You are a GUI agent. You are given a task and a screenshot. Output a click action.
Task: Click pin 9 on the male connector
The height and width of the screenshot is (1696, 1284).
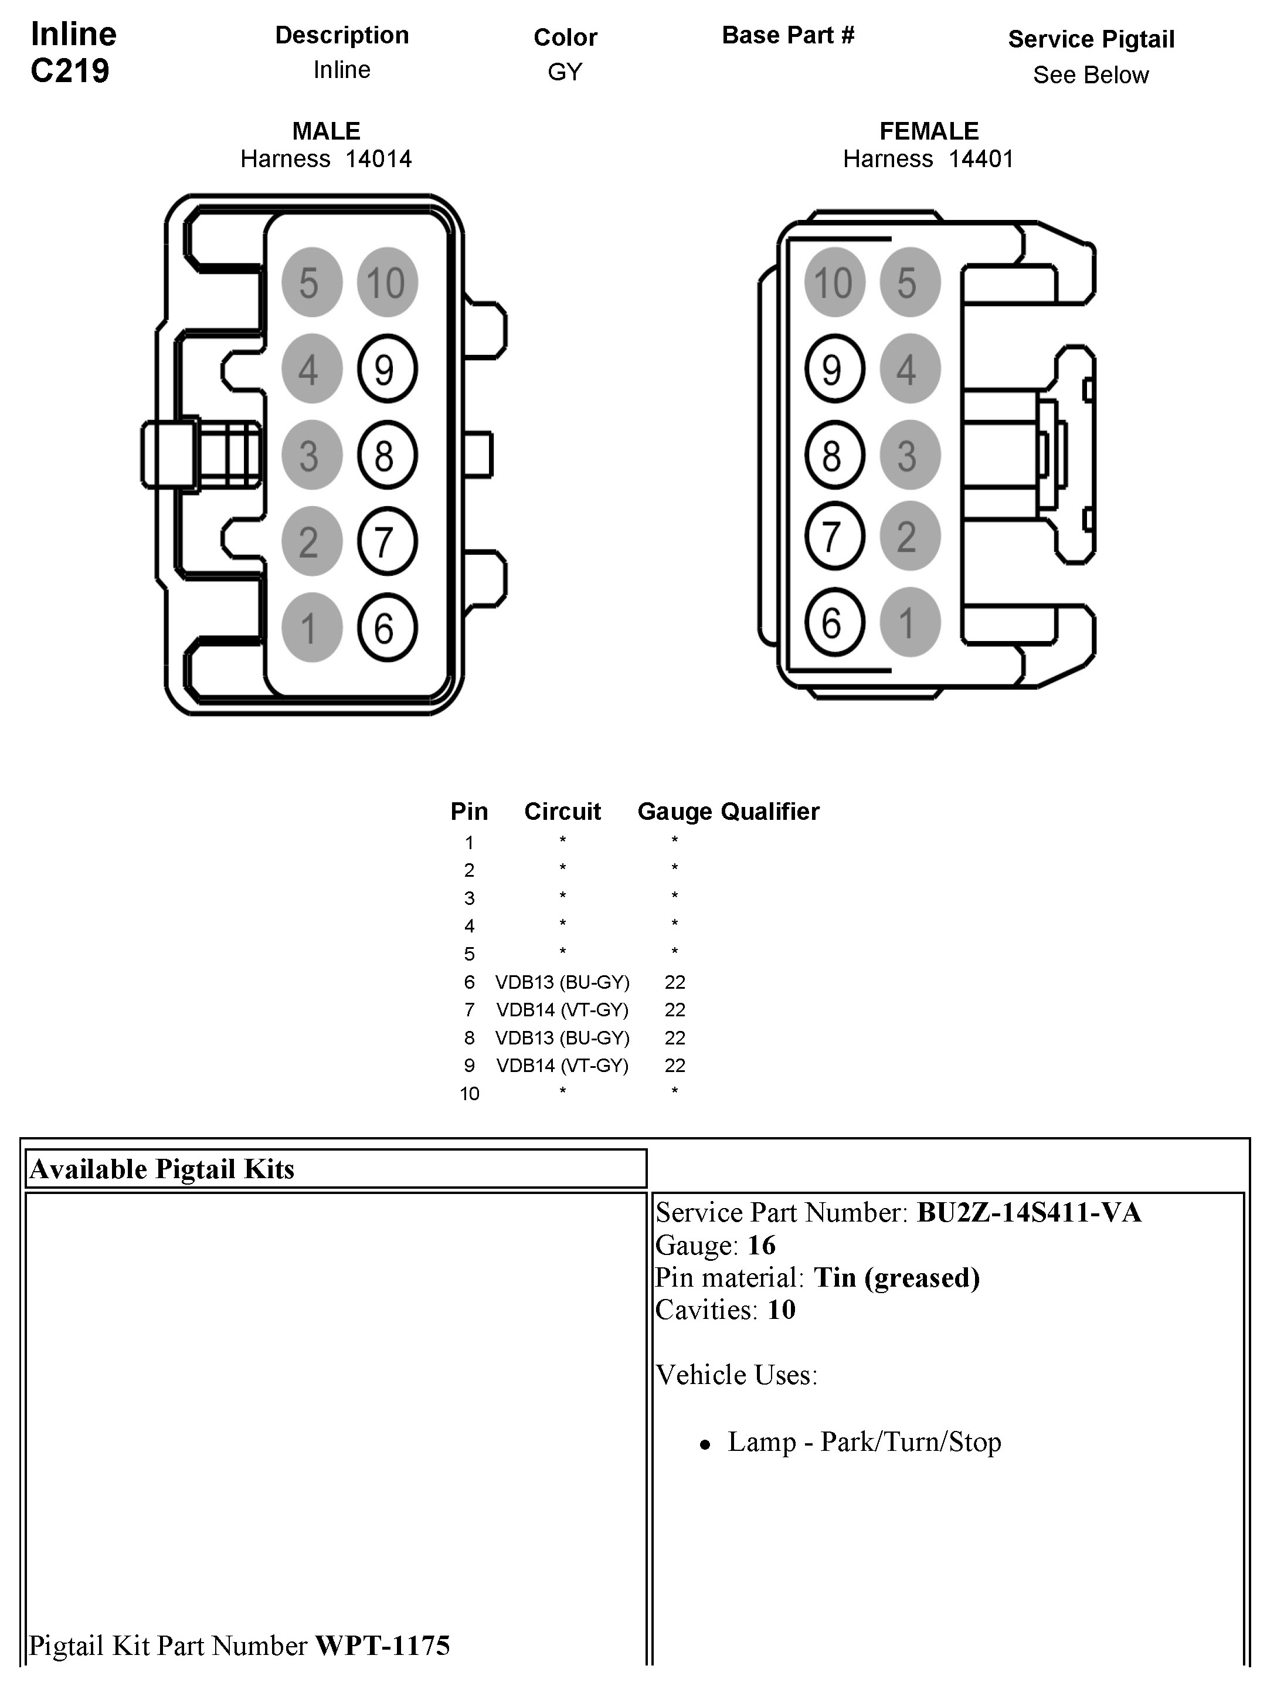[386, 369]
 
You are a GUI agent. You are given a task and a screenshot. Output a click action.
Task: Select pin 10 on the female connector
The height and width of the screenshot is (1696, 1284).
[834, 282]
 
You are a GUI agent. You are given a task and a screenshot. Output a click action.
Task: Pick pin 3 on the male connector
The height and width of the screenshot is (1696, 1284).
[311, 456]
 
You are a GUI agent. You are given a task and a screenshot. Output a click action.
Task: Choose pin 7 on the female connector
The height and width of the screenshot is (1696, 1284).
[834, 536]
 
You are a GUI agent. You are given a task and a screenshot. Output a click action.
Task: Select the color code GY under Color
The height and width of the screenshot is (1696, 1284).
[565, 72]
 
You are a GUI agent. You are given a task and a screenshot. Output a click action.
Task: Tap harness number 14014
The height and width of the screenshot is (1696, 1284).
[378, 160]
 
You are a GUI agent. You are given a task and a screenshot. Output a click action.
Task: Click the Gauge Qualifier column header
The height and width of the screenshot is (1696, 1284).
[728, 811]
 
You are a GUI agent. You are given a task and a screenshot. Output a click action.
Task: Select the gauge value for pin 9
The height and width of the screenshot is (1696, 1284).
[675, 1065]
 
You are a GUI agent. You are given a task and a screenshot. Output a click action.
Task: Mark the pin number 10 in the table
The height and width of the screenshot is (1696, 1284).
[469, 1093]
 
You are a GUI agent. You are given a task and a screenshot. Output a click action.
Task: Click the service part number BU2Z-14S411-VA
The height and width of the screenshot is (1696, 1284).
[1029, 1212]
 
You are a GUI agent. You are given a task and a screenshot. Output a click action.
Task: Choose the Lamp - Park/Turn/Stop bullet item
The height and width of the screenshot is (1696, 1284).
[864, 1442]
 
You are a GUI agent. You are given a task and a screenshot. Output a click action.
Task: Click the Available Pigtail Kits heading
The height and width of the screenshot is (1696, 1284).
[162, 1169]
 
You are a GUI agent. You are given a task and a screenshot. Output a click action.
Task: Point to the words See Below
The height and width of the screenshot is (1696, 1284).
[1090, 75]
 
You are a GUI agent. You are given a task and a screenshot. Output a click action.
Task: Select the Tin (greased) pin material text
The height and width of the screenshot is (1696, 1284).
[896, 1277]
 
